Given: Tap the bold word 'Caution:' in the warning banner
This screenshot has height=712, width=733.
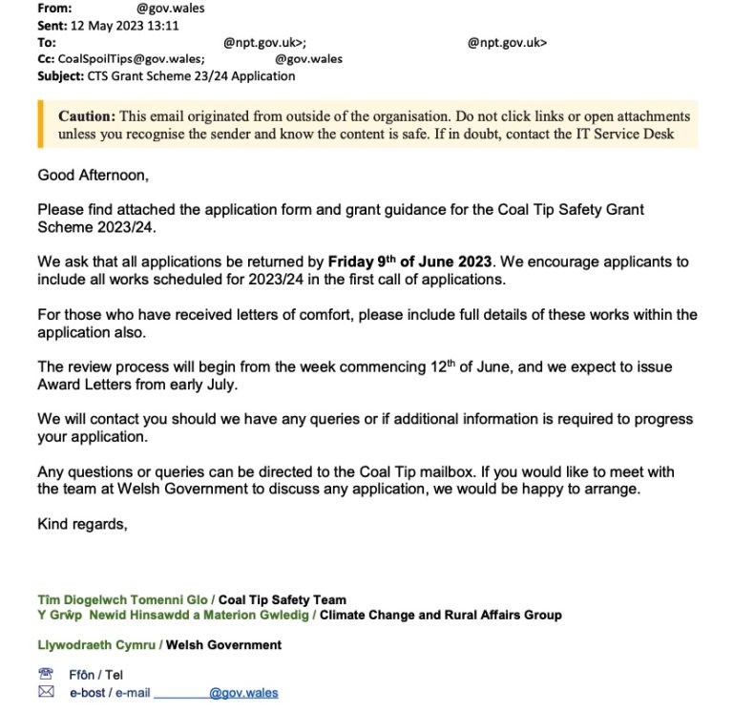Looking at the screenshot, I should (87, 116).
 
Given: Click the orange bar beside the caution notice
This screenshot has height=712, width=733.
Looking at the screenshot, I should (40, 124).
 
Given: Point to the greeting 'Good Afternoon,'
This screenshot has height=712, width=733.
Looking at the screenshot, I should (94, 175).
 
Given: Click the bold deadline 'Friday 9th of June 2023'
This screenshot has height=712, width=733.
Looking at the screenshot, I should (409, 262).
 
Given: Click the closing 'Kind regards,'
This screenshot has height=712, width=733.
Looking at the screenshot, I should (81, 524).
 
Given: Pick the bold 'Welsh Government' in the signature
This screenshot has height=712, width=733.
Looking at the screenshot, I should (223, 645).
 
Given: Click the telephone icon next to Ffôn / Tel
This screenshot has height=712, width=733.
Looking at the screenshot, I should (45, 674).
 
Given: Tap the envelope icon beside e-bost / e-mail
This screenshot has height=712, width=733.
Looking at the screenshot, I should (45, 692).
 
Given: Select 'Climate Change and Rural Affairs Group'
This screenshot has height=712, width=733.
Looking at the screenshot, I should (440, 616).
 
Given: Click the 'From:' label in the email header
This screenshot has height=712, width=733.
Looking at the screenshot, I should (54, 9).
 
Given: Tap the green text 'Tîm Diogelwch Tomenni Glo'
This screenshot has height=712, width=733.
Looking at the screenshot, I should (123, 600).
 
